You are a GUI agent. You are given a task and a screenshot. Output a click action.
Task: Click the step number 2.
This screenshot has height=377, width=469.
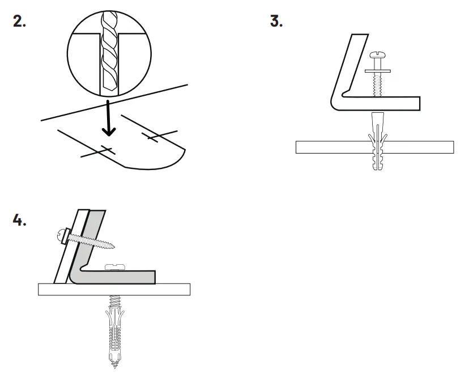tap(19, 22)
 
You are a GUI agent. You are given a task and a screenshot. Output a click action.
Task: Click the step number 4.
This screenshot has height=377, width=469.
tap(19, 220)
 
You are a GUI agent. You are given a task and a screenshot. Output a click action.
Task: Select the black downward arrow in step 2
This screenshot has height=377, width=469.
tap(108, 122)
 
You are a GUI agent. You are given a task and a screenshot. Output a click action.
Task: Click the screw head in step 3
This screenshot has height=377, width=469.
tap(377, 55)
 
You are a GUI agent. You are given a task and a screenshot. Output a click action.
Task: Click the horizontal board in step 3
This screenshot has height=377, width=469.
tap(317, 147)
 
